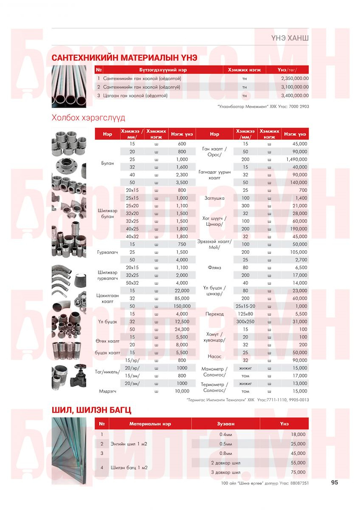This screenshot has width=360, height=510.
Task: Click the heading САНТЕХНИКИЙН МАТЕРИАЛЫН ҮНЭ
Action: coord(124,58)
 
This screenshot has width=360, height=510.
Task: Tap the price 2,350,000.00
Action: coord(294,78)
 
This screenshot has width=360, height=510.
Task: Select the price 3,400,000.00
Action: coord(294,95)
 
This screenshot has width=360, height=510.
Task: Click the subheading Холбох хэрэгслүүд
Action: coord(88,118)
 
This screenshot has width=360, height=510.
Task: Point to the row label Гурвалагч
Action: coord(108,252)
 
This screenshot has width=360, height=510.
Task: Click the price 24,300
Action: coord(182,329)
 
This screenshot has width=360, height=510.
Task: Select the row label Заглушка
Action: coord(215,198)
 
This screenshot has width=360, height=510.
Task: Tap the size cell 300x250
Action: coord(245,322)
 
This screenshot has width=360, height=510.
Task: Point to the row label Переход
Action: coord(215,314)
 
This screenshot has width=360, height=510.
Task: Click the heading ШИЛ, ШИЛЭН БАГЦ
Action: coord(91,410)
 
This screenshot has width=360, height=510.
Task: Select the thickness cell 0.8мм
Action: coord(226,453)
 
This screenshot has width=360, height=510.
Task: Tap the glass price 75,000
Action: coord(298,472)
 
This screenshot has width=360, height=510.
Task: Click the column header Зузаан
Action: coord(226,424)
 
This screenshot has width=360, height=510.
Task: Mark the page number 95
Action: coord(335,483)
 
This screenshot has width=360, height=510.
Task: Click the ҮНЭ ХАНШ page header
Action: coord(290,37)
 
